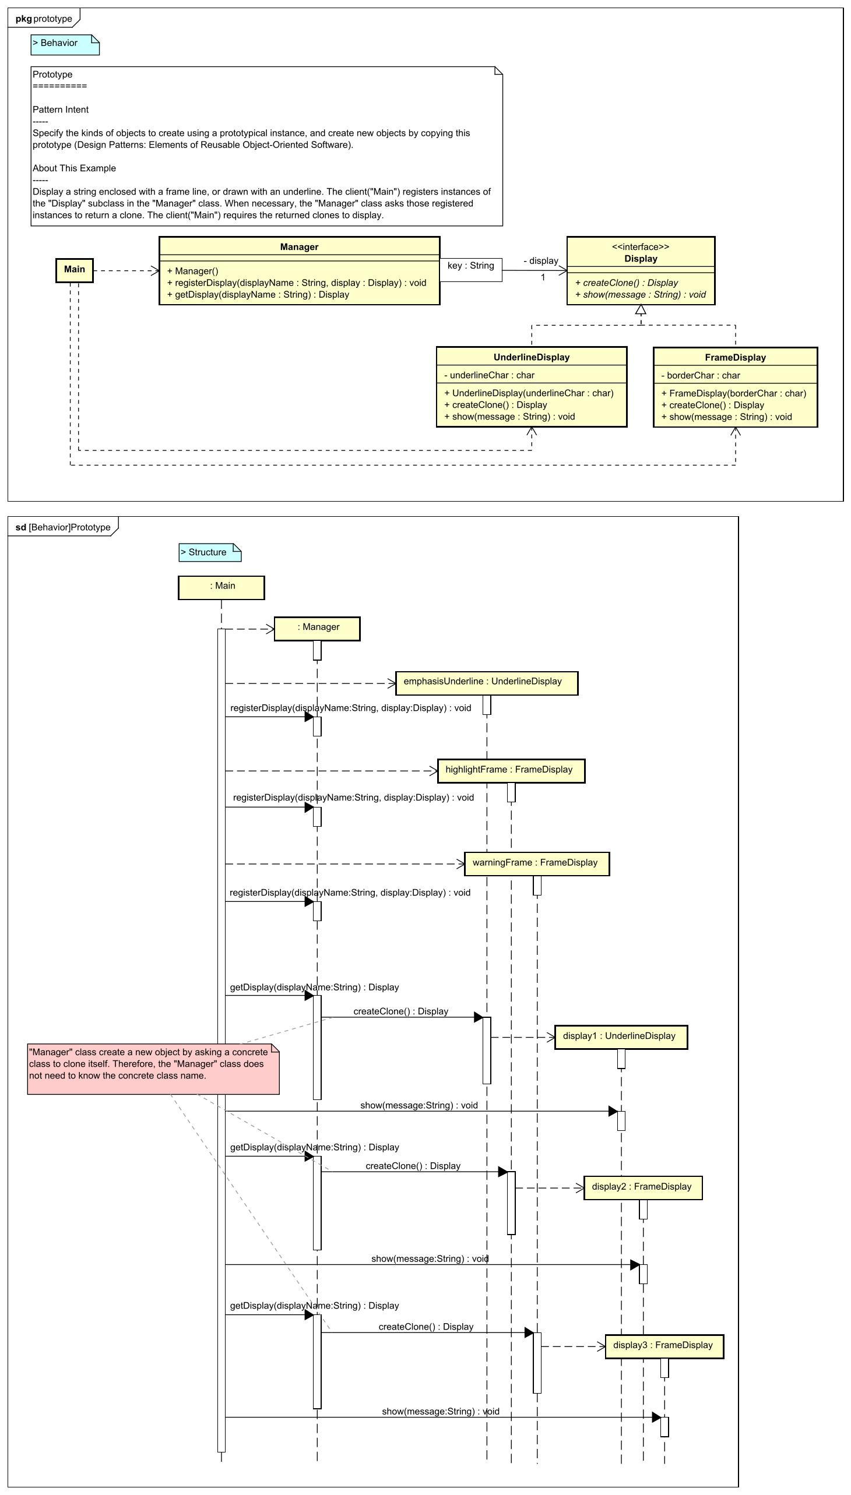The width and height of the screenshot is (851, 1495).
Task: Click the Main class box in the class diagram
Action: tap(74, 270)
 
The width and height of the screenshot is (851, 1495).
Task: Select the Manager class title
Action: tap(299, 247)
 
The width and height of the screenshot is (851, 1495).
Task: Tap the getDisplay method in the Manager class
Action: tap(258, 295)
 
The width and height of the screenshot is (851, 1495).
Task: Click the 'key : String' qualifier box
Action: tap(470, 270)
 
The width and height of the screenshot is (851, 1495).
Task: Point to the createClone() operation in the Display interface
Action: tap(627, 283)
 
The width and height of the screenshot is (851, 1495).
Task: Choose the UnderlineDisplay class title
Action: tap(531, 358)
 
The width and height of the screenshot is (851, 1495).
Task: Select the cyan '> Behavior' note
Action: tap(65, 44)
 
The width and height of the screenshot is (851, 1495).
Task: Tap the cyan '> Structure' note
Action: tap(210, 553)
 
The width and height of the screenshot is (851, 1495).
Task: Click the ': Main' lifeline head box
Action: tap(221, 588)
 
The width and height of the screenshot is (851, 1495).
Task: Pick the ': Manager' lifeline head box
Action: tap(317, 629)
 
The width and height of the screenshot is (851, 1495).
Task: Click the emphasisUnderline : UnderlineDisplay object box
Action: tap(486, 683)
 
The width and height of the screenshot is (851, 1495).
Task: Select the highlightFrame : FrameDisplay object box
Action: tap(511, 771)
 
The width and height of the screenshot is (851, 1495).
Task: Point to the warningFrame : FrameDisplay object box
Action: tap(537, 864)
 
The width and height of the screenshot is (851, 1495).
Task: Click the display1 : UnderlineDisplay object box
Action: tap(621, 1038)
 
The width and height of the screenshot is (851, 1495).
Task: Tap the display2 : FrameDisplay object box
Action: tap(643, 1189)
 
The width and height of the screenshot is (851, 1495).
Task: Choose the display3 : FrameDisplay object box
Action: tap(664, 1346)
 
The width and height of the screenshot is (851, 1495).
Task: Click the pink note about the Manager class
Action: tap(153, 1069)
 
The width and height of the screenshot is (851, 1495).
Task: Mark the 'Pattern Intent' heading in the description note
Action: tap(61, 110)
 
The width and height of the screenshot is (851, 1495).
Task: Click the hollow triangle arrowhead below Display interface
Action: tap(641, 310)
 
